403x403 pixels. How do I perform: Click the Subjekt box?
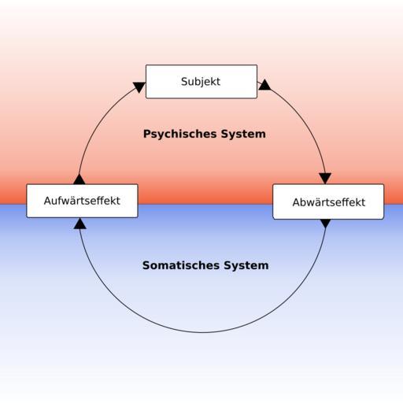(201, 82)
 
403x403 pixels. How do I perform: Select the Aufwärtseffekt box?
(82, 201)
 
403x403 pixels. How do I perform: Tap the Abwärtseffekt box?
(328, 201)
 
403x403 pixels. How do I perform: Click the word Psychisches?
(180, 134)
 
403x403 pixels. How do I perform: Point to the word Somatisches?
(181, 265)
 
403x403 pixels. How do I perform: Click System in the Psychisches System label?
(243, 134)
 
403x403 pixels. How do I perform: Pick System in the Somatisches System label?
(246, 265)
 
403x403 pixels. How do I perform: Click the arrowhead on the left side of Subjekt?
(139, 87)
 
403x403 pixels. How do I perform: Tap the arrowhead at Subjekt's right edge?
(264, 85)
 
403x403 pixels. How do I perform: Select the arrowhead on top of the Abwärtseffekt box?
(325, 179)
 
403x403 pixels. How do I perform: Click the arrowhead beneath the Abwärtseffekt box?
(326, 224)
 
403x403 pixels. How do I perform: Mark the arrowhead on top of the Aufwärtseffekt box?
(79, 179)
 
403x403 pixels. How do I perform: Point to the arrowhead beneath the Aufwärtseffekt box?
(80, 224)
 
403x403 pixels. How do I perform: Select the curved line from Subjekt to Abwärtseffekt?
(305, 120)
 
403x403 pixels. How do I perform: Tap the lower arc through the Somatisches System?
(202, 332)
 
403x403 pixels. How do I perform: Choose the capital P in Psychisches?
(147, 134)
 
